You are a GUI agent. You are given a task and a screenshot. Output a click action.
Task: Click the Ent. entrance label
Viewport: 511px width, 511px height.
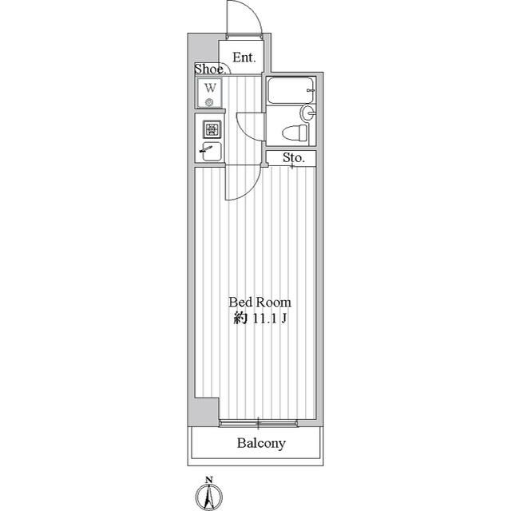[244, 57]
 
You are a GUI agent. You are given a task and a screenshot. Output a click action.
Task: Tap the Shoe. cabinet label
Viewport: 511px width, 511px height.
[210, 69]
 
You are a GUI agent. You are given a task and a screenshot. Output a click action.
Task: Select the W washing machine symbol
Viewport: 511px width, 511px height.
[210, 93]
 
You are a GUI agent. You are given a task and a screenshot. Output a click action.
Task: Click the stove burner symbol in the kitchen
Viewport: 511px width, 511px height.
[212, 129]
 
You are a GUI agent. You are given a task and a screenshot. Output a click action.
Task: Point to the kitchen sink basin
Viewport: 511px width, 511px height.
[212, 152]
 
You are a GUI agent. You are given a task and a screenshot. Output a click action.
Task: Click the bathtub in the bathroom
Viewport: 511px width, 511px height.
[291, 90]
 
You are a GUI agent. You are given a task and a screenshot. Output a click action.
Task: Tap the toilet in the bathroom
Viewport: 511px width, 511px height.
[295, 133]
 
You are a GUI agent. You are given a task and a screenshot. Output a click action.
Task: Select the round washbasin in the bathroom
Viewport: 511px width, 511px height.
[308, 113]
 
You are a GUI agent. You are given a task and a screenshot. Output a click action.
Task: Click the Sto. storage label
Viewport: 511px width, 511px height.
[294, 158]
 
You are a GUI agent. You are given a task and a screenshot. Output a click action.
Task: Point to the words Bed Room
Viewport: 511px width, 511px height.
[259, 303]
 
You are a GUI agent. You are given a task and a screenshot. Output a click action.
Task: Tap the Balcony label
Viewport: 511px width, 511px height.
[261, 443]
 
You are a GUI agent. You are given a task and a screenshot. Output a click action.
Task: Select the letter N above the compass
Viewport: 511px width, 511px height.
[209, 480]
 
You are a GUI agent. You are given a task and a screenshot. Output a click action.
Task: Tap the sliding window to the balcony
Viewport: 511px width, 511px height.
[259, 424]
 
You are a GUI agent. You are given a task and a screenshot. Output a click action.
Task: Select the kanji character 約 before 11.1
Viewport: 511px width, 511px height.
[240, 319]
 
